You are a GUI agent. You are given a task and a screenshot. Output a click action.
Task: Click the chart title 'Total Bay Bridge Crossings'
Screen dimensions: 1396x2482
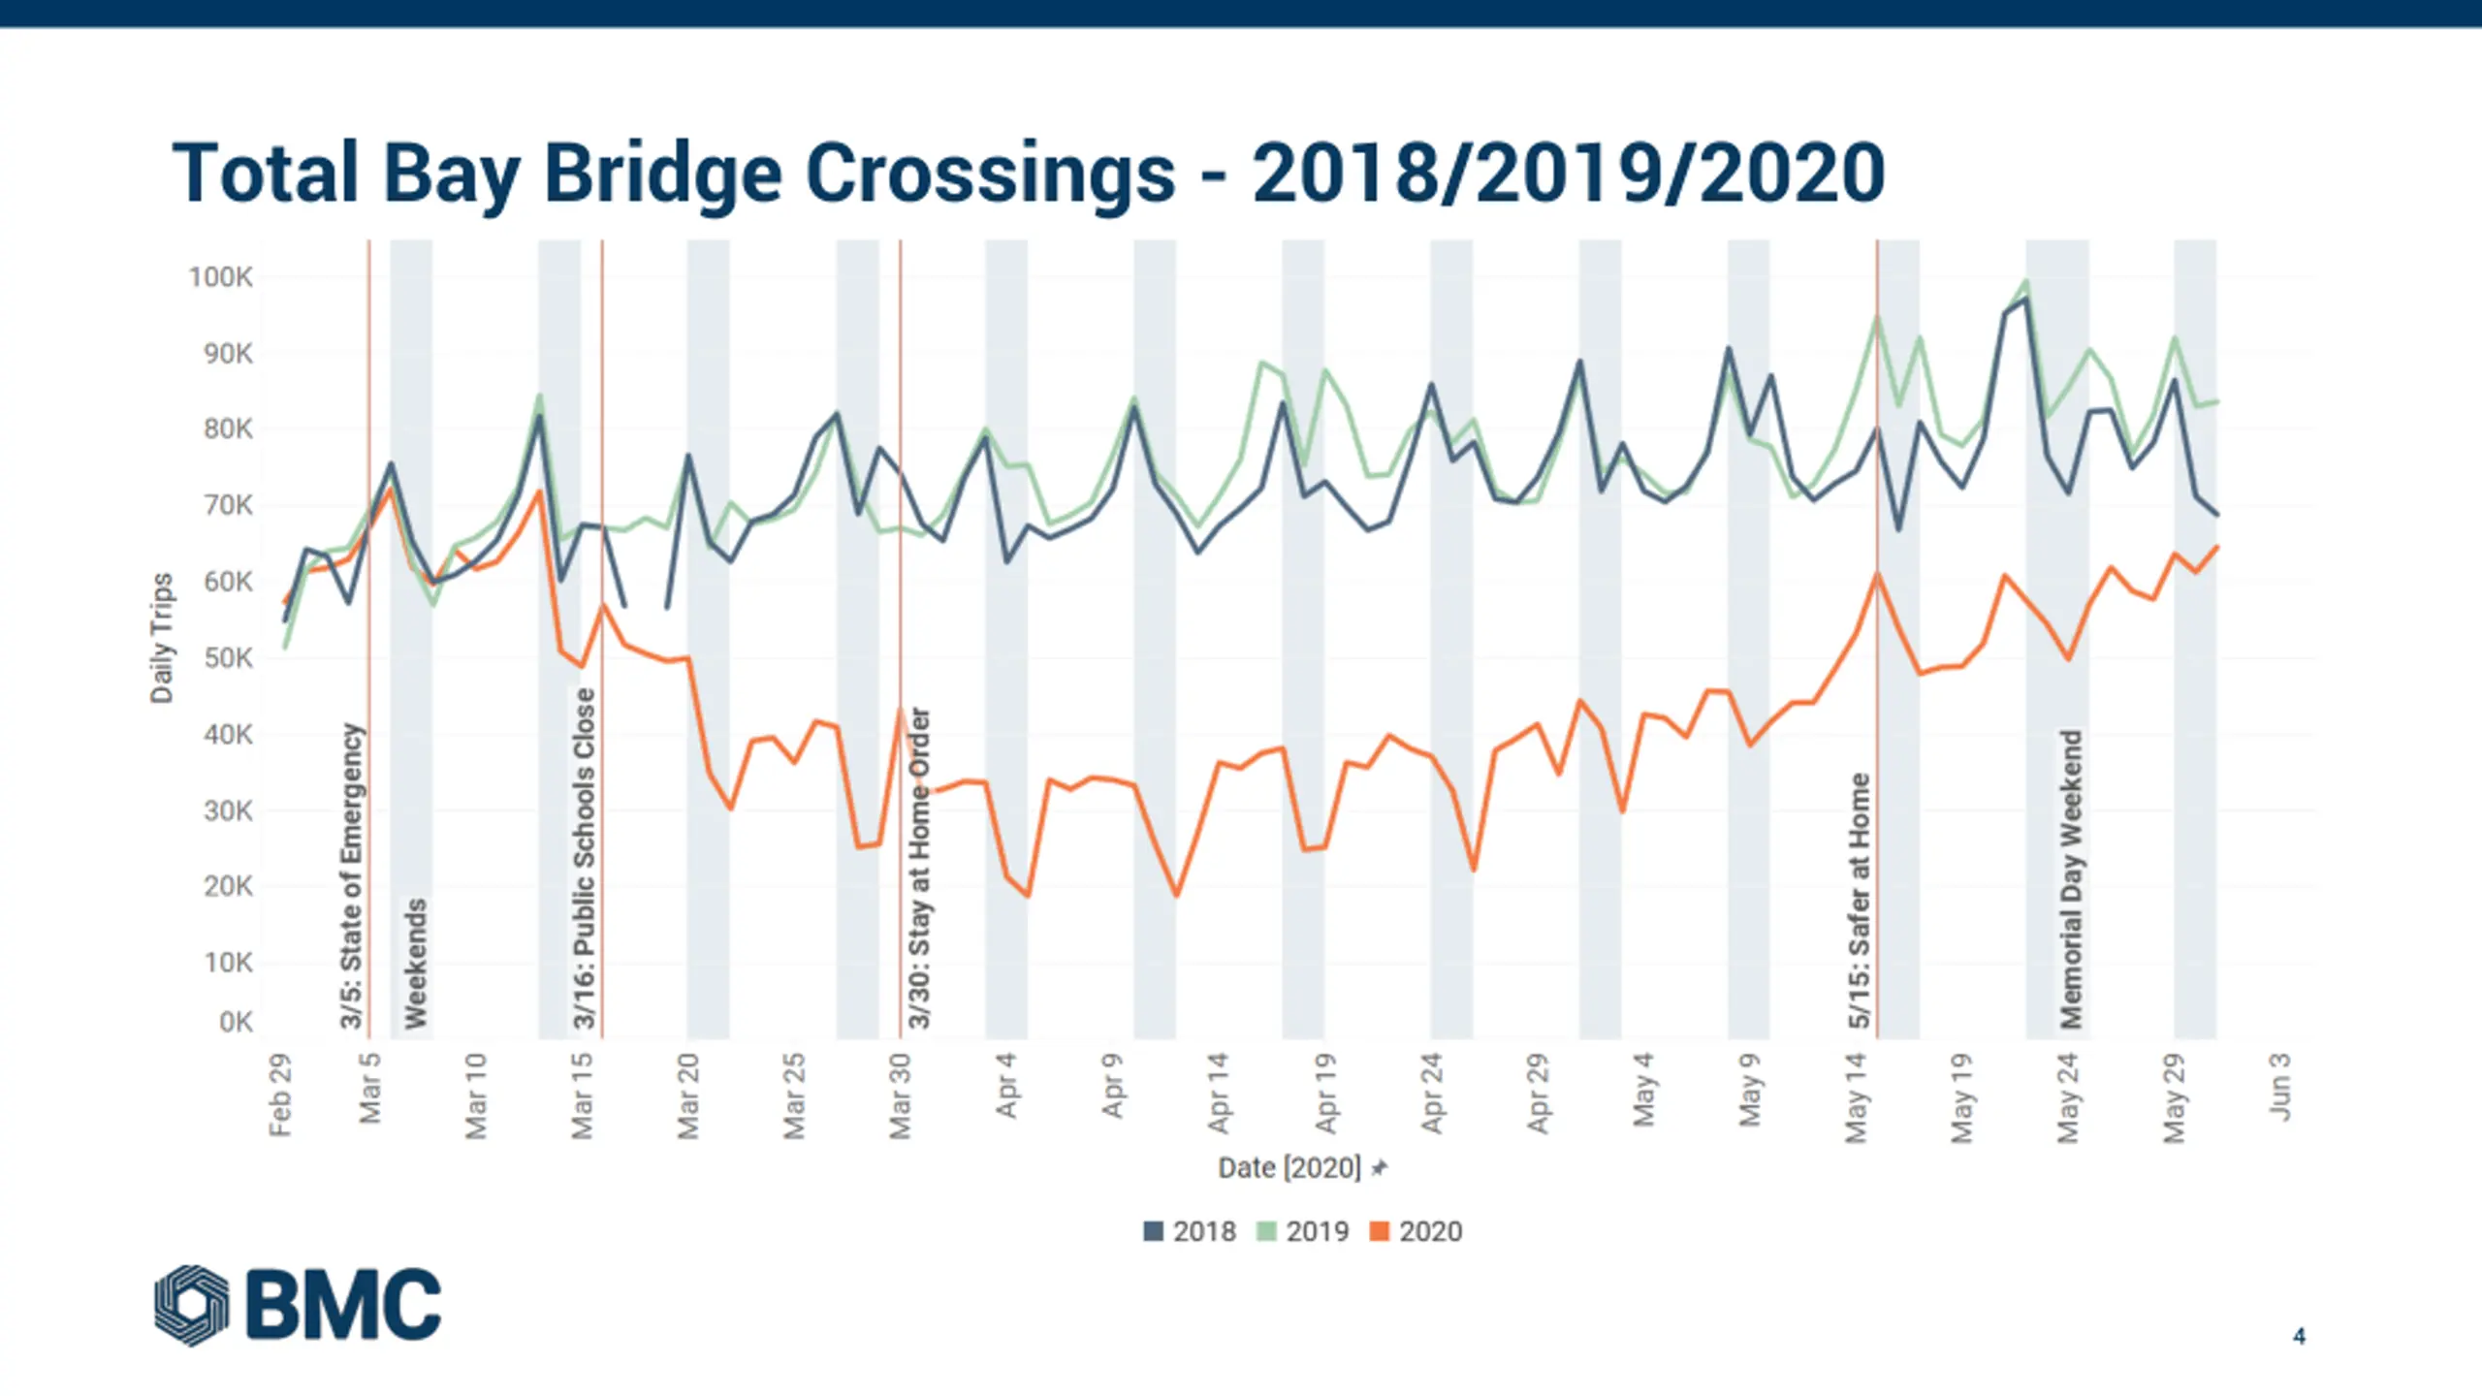tap(1028, 174)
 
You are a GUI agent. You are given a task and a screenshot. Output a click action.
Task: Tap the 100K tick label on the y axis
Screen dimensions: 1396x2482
tap(221, 277)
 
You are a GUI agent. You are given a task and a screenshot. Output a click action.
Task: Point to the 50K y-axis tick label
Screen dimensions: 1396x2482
tap(228, 658)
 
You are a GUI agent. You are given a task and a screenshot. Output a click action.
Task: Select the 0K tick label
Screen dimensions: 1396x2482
tap(236, 1022)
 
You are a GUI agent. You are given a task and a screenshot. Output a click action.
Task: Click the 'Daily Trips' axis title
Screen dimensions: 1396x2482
tap(162, 638)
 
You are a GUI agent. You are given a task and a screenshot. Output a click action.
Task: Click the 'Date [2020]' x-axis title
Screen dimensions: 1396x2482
tap(1289, 1168)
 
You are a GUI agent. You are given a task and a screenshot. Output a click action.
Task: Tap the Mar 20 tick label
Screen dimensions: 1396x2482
tap(687, 1095)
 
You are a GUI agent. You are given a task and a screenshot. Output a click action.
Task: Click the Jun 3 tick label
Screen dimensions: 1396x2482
tap(2280, 1087)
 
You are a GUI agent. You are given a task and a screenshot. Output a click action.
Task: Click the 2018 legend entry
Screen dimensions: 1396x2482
tap(1191, 1231)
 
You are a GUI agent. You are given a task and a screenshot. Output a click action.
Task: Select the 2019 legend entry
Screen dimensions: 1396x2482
tap(1303, 1231)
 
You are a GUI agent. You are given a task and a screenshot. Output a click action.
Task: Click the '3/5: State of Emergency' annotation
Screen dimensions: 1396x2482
tap(351, 875)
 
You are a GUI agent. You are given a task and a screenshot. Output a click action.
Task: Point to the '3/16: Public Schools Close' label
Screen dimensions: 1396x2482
tap(584, 858)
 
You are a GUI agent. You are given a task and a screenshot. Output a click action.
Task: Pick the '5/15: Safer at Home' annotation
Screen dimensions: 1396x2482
tap(1859, 900)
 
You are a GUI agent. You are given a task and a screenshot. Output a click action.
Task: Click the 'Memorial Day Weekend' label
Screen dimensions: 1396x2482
tap(2071, 878)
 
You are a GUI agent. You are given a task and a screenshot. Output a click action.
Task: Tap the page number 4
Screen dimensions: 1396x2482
tap(2299, 1336)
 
